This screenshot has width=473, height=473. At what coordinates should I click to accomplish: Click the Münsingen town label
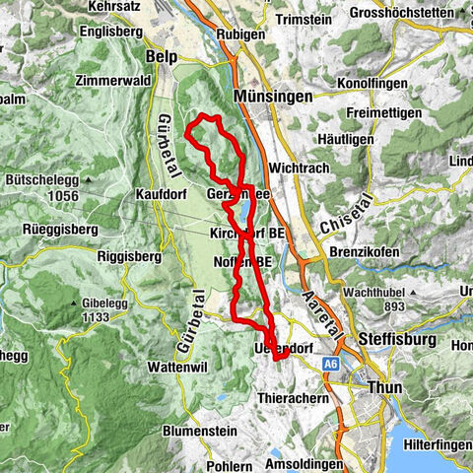click(274, 97)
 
